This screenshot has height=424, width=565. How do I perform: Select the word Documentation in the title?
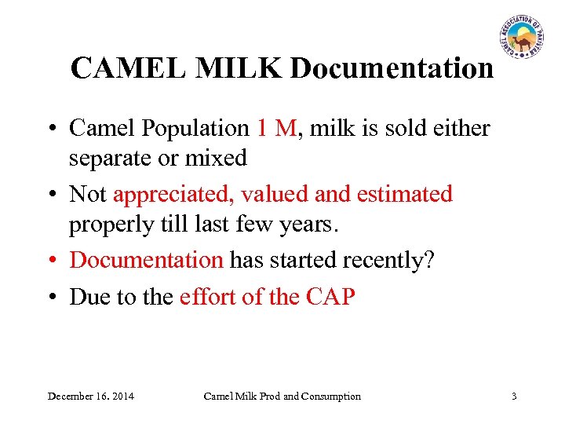coord(392,69)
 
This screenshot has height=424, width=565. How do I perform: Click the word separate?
coord(111,158)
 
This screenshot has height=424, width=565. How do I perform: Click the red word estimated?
coord(405,194)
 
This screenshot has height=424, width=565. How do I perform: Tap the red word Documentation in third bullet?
coord(147,260)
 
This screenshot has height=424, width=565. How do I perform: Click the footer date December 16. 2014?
coord(90,397)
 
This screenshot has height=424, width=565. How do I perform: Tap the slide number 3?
coord(514,397)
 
